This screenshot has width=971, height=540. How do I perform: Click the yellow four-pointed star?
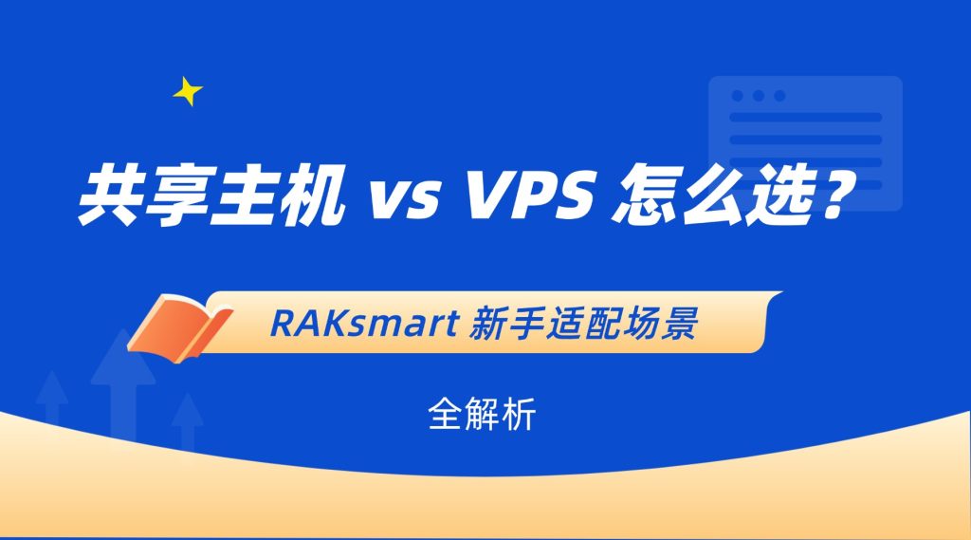tap(187, 92)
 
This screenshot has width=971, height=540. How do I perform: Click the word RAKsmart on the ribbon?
tap(364, 323)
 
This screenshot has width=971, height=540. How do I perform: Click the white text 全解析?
tap(481, 414)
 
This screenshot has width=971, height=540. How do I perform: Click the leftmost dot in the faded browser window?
tap(738, 96)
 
